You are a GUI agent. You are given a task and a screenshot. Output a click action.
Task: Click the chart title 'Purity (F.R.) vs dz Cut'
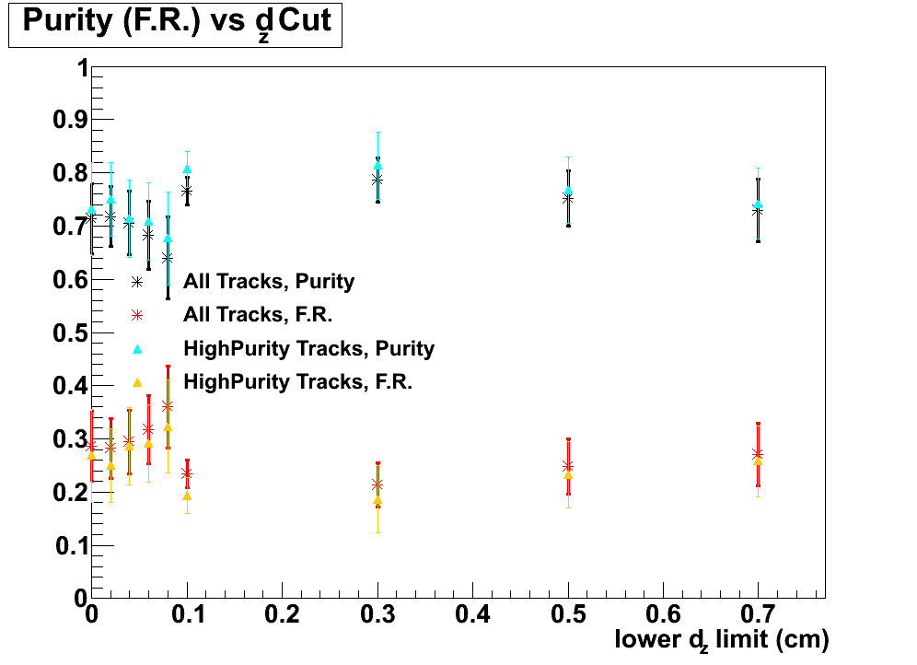175,23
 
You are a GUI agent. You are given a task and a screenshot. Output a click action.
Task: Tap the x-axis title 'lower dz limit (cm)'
722,638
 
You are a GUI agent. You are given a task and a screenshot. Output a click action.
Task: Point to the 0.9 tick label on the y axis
67,120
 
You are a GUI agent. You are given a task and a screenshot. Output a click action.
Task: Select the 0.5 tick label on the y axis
67,332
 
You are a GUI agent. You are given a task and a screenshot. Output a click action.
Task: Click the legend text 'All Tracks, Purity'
269,282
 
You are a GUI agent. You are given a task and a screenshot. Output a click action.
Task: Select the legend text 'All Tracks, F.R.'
258,315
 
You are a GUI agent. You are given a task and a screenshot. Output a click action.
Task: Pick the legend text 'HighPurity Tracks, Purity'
308,348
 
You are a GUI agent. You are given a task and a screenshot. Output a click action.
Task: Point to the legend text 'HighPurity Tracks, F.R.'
297,381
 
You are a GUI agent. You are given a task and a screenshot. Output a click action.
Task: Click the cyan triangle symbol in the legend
137,348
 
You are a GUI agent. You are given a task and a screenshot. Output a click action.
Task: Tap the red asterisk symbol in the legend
137,315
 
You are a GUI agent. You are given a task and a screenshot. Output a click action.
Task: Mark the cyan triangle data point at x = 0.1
187,169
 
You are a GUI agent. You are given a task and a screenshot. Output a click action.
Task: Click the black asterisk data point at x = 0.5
568,198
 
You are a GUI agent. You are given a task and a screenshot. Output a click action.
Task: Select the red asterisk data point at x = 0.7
758,453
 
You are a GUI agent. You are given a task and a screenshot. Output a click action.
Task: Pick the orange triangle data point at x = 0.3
377,500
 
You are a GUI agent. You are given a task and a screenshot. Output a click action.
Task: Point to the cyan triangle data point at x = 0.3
377,166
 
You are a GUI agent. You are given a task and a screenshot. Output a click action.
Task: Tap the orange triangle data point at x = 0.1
187,496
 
